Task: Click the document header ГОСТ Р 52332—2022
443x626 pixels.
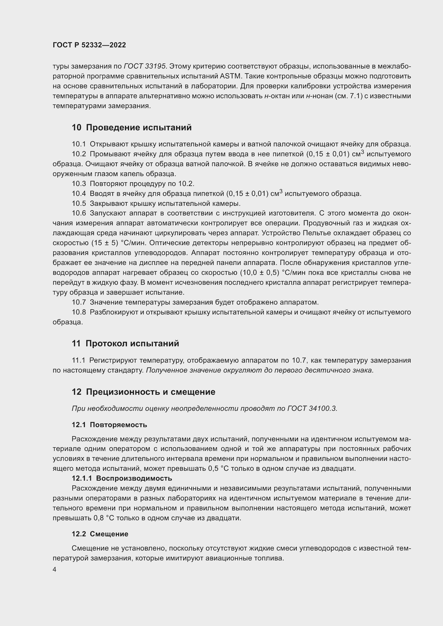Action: coord(89,45)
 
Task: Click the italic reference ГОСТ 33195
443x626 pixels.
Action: coord(145,67)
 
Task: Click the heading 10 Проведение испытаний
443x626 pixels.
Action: coord(132,127)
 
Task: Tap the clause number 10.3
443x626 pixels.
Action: coord(78,184)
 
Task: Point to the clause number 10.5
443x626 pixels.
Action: coord(78,203)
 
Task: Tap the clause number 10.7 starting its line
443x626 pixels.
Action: coord(78,302)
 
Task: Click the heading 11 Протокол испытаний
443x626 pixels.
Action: coord(125,343)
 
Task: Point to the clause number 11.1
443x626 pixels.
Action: coord(78,361)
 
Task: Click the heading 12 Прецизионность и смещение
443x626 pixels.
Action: coord(144,392)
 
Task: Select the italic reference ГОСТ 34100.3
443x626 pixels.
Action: coord(312,408)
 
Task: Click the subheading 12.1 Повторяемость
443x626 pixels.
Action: coord(109,425)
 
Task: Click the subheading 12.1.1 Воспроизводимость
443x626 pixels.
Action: coord(122,478)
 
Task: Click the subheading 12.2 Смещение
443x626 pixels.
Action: coord(100,534)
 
